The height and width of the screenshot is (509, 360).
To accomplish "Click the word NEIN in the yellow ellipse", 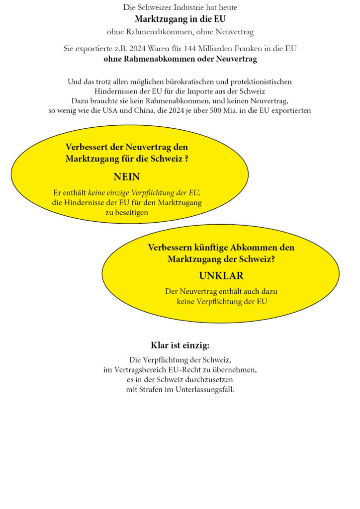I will (x=127, y=177).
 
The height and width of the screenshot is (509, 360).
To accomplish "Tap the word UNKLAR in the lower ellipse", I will (x=221, y=275).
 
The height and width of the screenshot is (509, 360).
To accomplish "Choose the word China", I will (x=171, y=110).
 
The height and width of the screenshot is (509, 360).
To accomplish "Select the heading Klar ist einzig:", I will (x=180, y=345).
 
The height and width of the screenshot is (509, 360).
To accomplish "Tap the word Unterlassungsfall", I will (x=208, y=390).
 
